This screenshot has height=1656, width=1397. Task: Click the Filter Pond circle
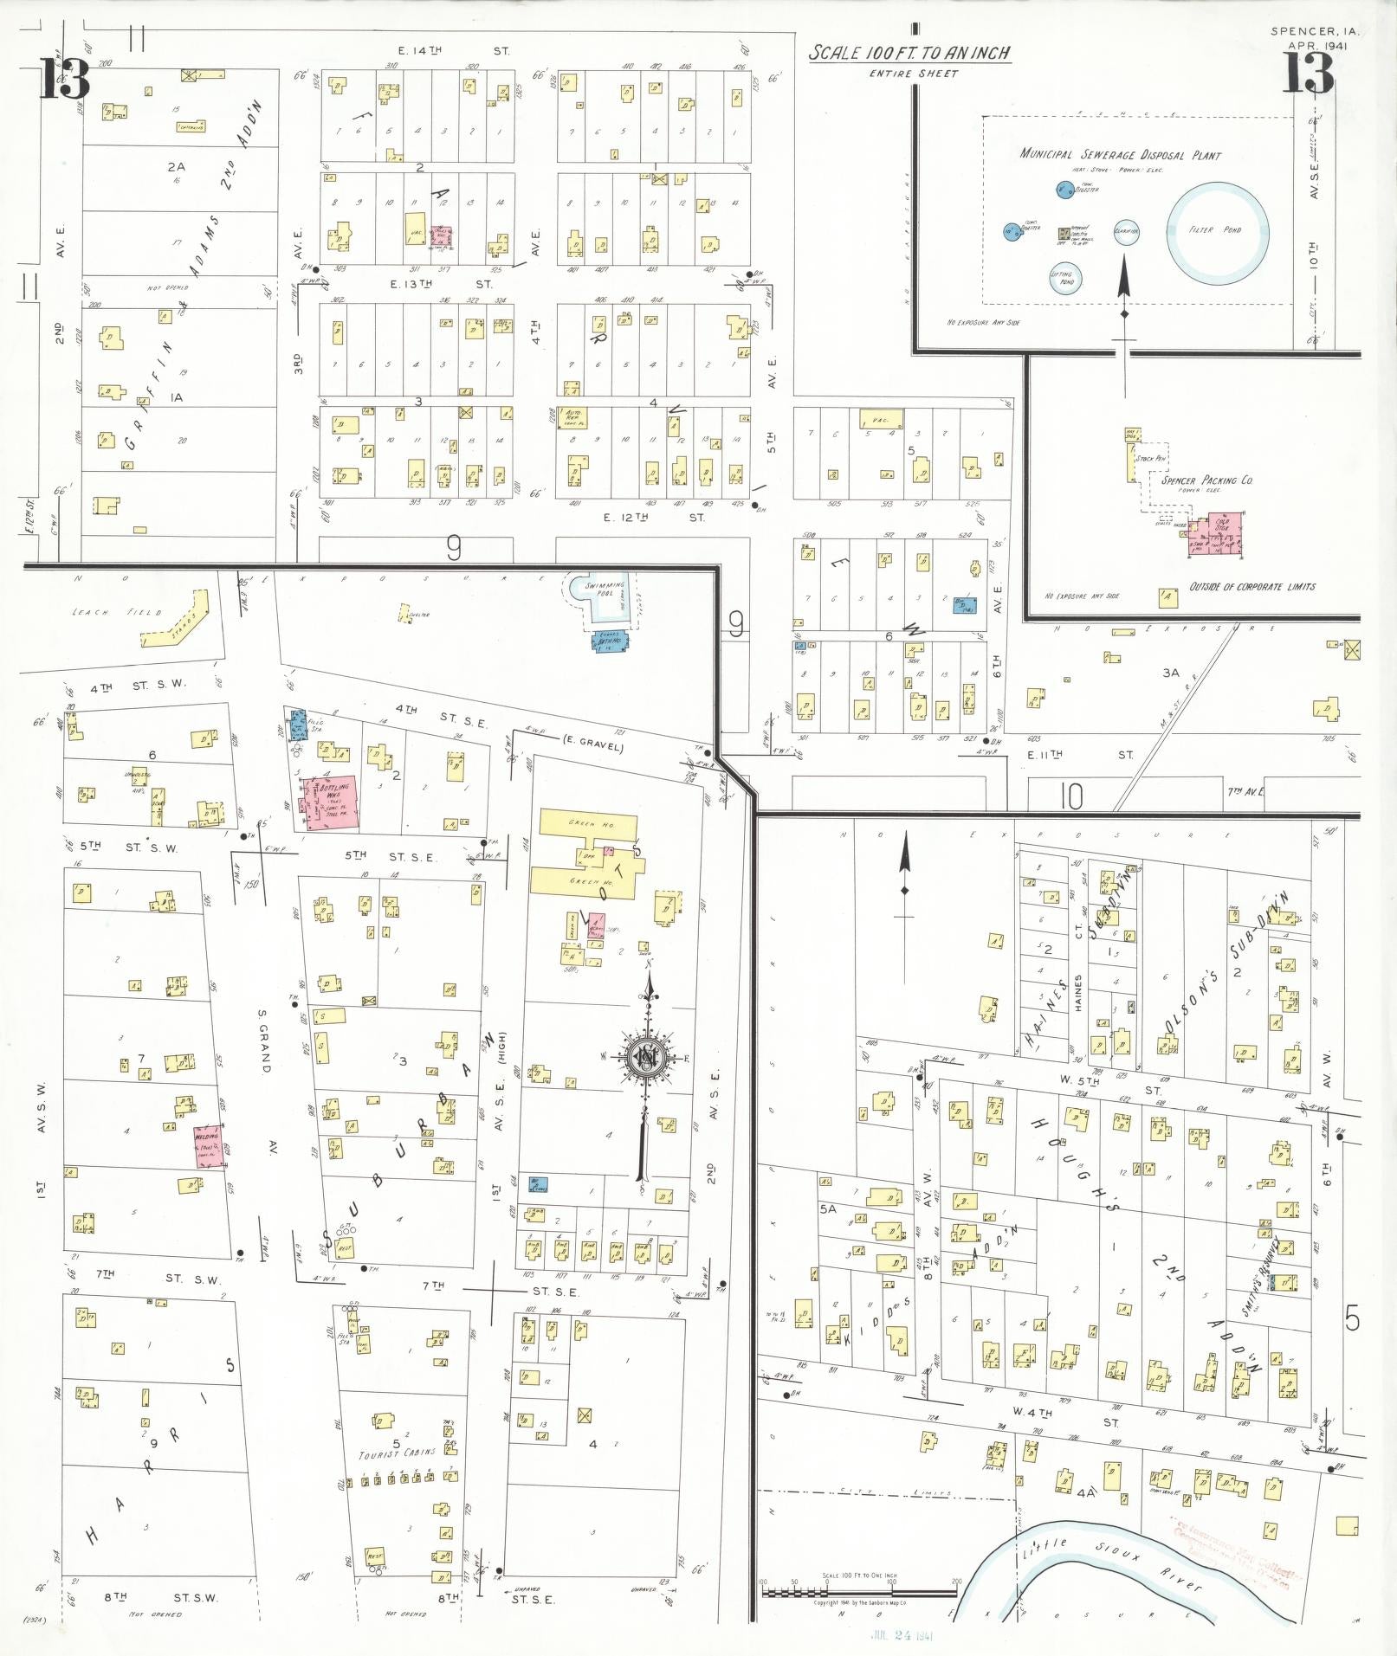tap(1218, 231)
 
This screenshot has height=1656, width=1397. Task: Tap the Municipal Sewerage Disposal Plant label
tap(1120, 155)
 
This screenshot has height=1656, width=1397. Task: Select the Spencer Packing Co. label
tap(1206, 480)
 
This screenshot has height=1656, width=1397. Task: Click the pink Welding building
tap(208, 1146)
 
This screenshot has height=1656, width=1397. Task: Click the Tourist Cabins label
tap(398, 1453)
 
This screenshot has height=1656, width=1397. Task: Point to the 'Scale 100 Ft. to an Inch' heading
tap(909, 54)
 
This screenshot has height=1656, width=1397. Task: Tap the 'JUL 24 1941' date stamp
tap(899, 1636)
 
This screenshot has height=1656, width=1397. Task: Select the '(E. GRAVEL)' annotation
tap(592, 741)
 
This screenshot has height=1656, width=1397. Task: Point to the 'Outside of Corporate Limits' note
tap(1251, 586)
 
